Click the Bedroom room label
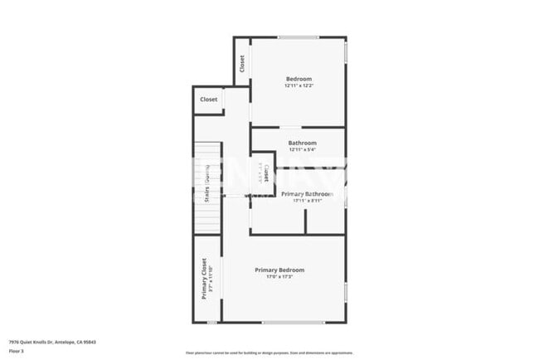tap(299, 79)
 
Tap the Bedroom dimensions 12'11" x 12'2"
tap(299, 85)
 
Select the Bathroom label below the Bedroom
tap(302, 143)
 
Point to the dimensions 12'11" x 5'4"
tap(302, 149)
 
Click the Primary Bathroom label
tap(307, 193)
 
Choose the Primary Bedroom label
tap(279, 270)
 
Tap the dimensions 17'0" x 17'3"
tap(279, 276)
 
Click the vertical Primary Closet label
tap(203, 278)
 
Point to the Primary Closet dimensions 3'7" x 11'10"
tap(211, 278)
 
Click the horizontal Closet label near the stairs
tap(208, 100)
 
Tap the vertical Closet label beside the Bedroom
tap(241, 63)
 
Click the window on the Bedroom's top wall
tap(298, 37)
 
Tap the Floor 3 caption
tap(17, 351)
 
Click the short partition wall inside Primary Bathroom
tap(306, 221)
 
